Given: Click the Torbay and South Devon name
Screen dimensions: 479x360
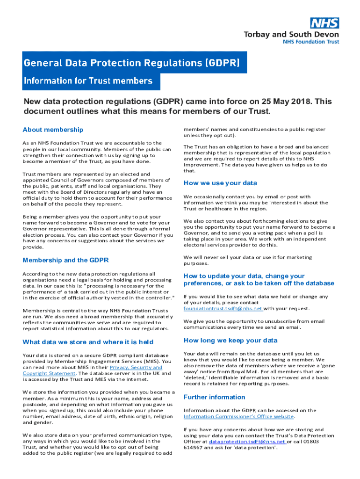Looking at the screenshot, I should pyautogui.click(x=291, y=34).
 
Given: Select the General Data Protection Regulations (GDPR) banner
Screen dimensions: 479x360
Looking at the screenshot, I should pyautogui.click(x=132, y=63).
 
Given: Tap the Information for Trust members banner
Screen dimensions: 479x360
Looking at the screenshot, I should pyautogui.click(x=88, y=80).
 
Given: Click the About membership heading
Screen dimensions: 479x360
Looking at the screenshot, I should pyautogui.click(x=53, y=130).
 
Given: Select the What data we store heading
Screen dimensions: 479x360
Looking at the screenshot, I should pyautogui.click(x=88, y=342).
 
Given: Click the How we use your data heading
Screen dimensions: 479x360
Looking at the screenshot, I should pyautogui.click(x=220, y=183).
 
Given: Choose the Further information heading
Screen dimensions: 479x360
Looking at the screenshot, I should pyautogui.click(x=214, y=397).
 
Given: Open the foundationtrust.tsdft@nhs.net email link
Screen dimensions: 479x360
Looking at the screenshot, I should pyautogui.click(x=223, y=309).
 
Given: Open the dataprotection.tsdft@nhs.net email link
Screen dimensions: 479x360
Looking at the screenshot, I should pyautogui.click(x=247, y=442).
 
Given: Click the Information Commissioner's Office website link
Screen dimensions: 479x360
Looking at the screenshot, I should pyautogui.click(x=238, y=416).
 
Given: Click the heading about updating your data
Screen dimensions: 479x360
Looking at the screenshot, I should pyautogui.click(x=259, y=280).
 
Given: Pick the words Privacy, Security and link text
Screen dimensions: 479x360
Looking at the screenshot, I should pyautogui.click(x=136, y=367).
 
